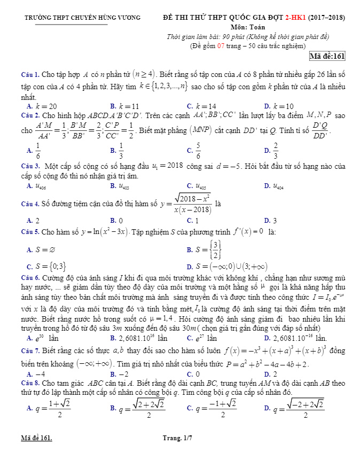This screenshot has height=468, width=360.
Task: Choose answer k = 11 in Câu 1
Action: point(129,106)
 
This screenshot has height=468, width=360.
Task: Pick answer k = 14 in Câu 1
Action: point(206,106)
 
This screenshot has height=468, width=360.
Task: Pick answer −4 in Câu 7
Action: point(40,374)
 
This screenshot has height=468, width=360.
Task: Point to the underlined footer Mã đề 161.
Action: point(37,438)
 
